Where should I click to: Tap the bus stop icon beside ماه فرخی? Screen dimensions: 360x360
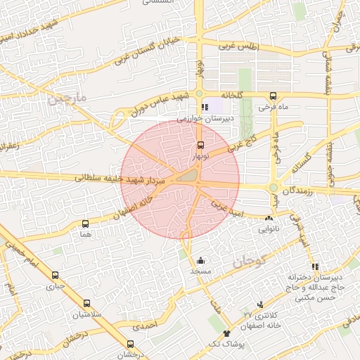point(273,96)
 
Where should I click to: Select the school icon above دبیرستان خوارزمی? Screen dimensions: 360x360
point(205,108)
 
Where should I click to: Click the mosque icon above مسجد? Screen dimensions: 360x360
point(201,260)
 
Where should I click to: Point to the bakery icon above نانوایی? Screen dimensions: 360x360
point(269,219)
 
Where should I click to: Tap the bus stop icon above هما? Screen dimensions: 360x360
point(86,224)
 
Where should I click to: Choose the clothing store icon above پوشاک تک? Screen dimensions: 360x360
point(226,333)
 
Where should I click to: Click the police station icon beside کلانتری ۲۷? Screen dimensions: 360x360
point(261,304)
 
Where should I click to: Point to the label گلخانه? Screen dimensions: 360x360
point(231,95)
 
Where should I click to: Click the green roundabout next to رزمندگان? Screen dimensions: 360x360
point(274,188)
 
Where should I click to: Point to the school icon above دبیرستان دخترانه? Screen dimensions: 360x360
point(315,266)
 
